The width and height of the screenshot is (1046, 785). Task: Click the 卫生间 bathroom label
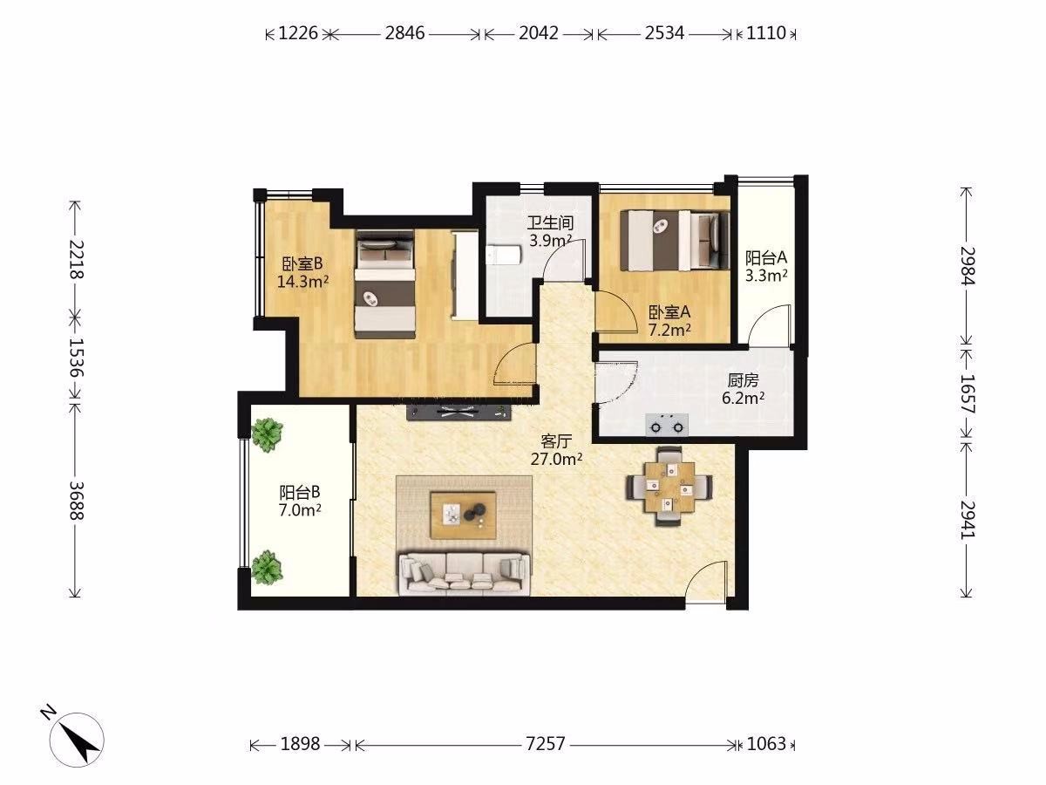tap(549, 222)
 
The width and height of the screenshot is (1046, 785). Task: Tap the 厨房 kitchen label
tap(743, 380)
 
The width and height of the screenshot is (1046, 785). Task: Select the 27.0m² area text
tap(556, 459)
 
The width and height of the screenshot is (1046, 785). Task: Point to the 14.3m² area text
tap(302, 281)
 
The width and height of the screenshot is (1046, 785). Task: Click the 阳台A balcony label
tap(766, 258)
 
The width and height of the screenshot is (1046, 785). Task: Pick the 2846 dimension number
tap(404, 33)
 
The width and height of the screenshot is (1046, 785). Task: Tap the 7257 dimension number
tap(545, 743)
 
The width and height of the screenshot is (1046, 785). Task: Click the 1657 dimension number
tap(968, 393)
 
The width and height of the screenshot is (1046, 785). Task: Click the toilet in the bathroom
tap(504, 255)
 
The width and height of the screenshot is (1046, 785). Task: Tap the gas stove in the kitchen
tap(667, 425)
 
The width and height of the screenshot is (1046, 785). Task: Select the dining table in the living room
tap(669, 487)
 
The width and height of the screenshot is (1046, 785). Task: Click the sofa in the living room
tap(464, 574)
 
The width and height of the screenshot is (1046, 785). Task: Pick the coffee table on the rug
tap(463, 515)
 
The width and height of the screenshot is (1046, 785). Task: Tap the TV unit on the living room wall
tap(458, 412)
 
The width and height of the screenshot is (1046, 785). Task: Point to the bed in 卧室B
tap(384, 284)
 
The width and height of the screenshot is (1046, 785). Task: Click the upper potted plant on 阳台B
tap(267, 434)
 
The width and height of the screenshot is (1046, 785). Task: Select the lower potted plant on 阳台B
tap(267, 567)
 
